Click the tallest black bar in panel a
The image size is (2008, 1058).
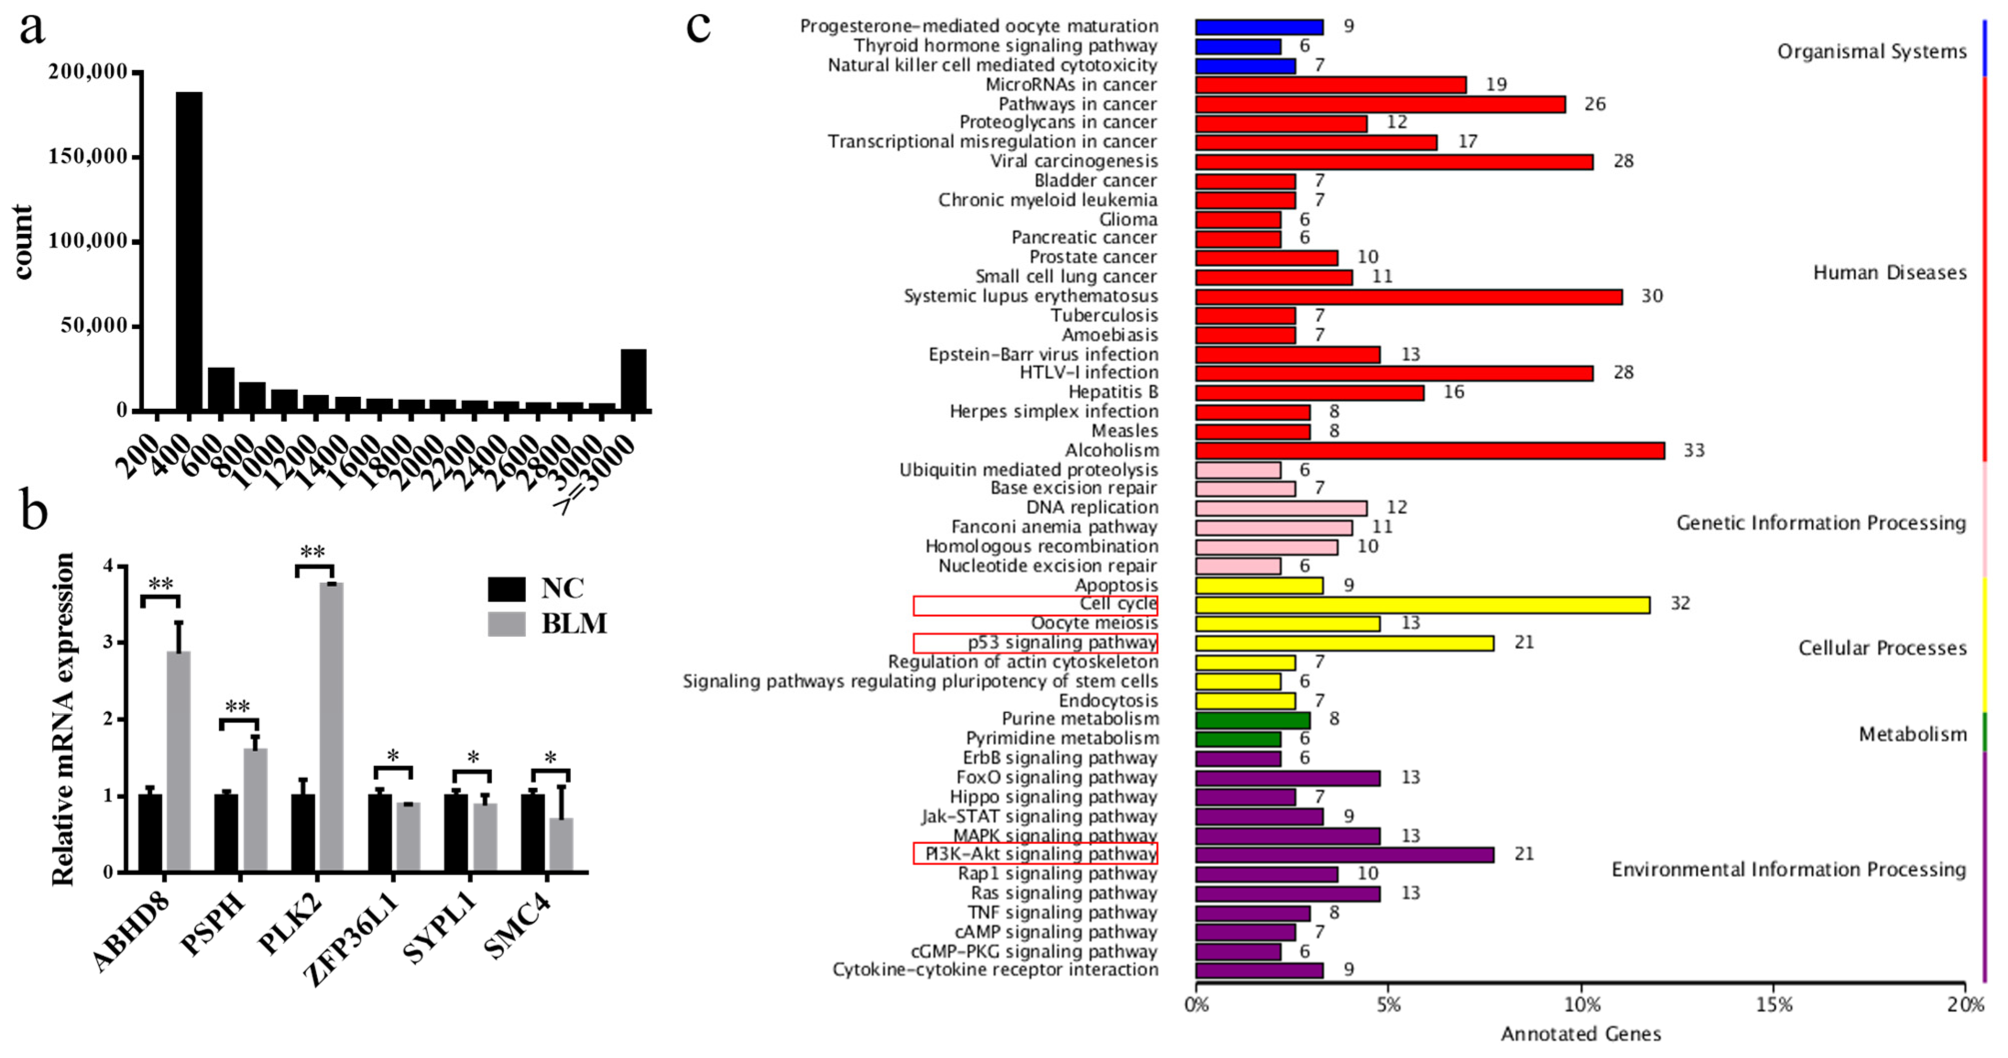click(189, 251)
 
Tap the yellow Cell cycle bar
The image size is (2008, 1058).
click(1422, 604)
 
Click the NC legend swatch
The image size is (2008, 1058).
click(506, 589)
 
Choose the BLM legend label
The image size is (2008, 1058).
click(574, 624)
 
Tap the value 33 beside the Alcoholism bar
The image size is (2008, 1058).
click(1693, 451)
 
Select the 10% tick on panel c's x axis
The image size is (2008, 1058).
click(1582, 1005)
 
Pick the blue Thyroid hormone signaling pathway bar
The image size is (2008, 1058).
click(1238, 46)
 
